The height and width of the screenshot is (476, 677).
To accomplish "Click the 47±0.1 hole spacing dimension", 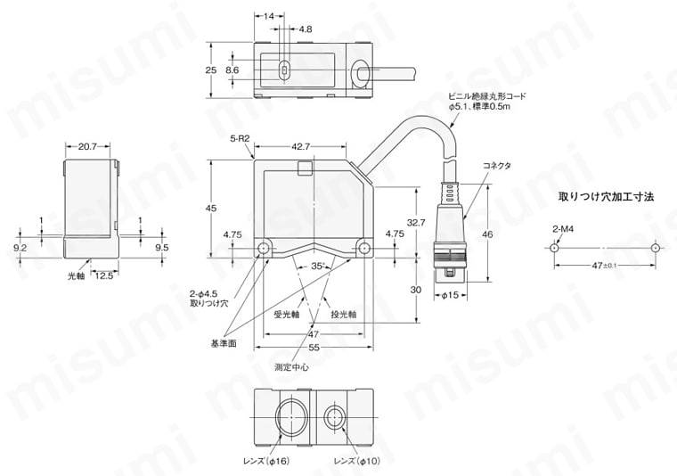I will [x=605, y=266].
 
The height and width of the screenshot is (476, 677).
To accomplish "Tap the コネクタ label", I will [x=498, y=166].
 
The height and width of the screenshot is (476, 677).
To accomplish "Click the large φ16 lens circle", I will [x=289, y=419].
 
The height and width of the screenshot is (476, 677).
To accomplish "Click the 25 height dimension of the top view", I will [x=211, y=70].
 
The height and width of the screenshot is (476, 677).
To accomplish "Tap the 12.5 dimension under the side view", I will [x=104, y=276].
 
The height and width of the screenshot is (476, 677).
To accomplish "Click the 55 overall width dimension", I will [x=313, y=347].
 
